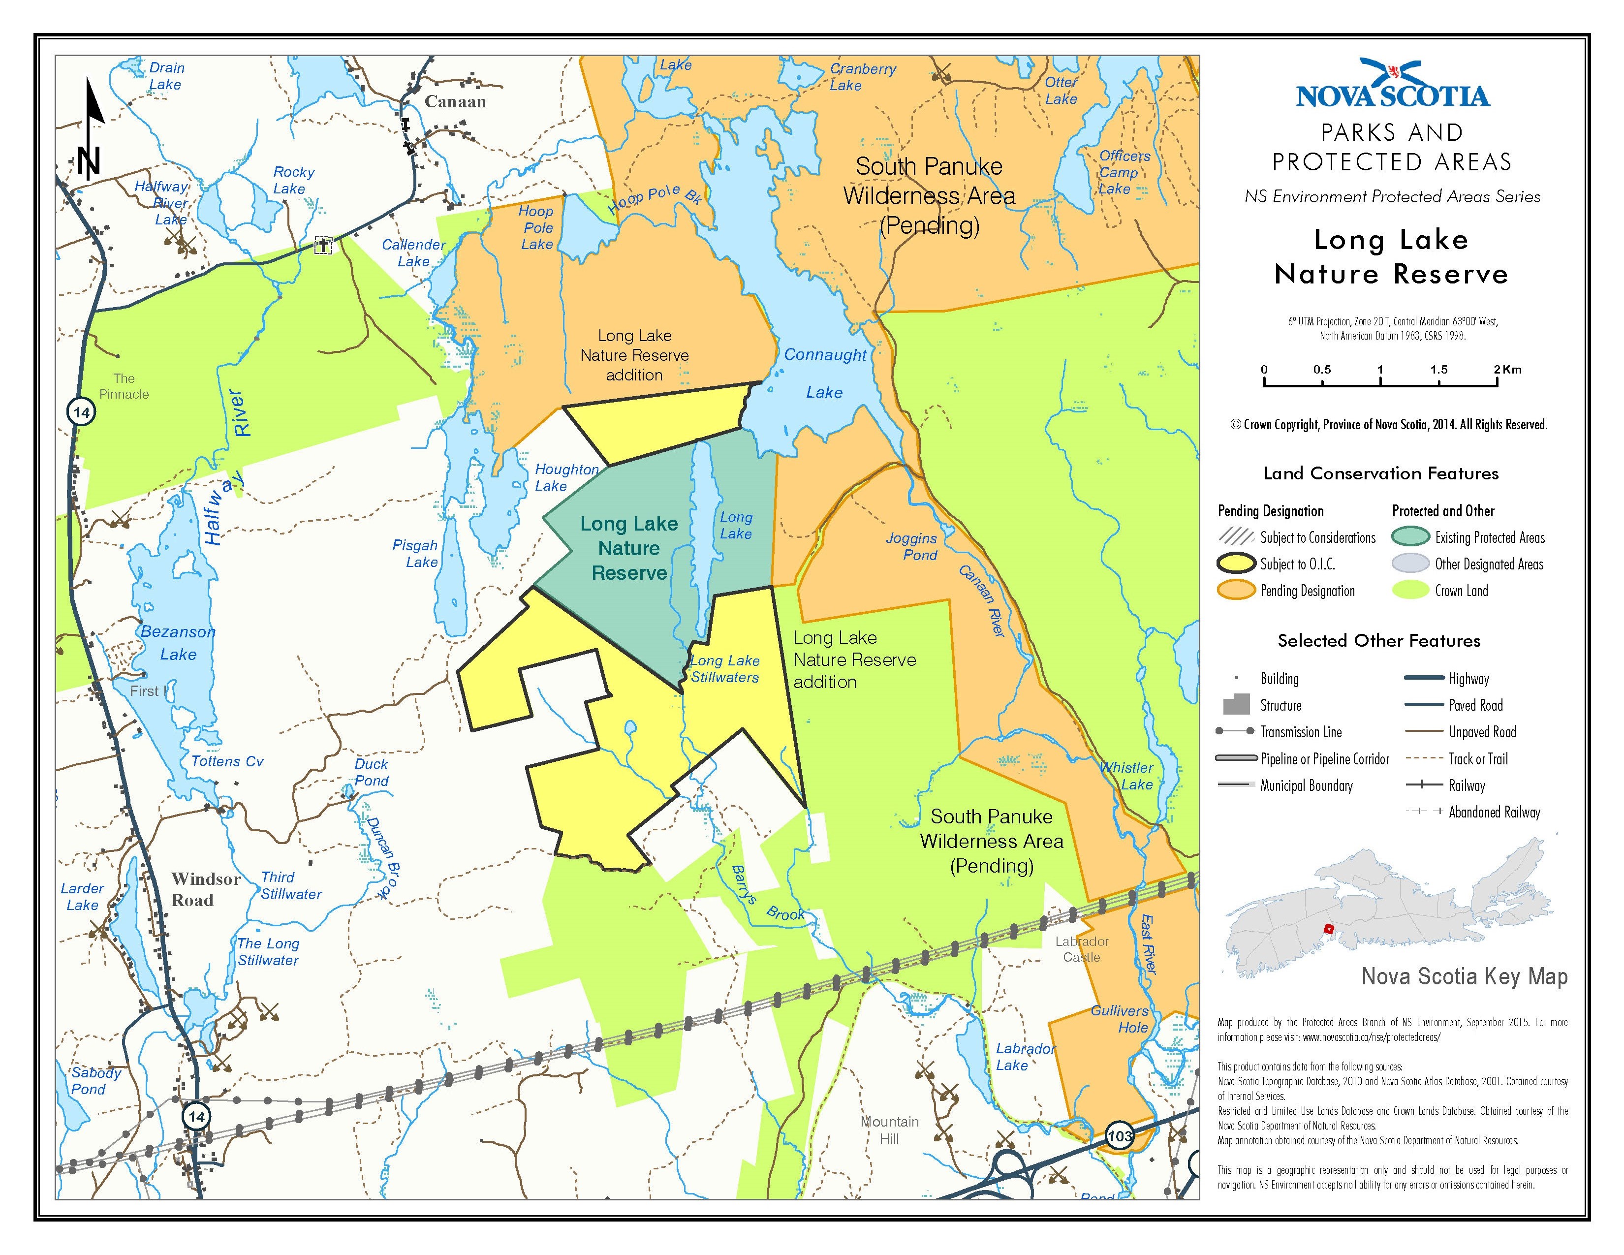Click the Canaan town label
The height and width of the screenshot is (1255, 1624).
455,102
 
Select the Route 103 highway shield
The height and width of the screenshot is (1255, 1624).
1119,1135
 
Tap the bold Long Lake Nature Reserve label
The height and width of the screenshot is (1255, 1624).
629,548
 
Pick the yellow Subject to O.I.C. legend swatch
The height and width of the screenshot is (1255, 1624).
1237,564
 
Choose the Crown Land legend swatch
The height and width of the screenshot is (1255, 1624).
1410,590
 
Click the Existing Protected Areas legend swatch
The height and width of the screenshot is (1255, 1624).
1410,537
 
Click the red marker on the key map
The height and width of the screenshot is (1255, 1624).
1328,929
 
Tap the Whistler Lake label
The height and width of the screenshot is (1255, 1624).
1128,776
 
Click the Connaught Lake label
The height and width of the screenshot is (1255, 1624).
825,373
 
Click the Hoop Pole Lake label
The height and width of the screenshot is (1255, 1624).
536,227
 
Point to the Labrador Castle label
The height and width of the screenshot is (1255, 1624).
1082,949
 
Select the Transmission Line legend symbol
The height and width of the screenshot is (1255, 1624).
1235,731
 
